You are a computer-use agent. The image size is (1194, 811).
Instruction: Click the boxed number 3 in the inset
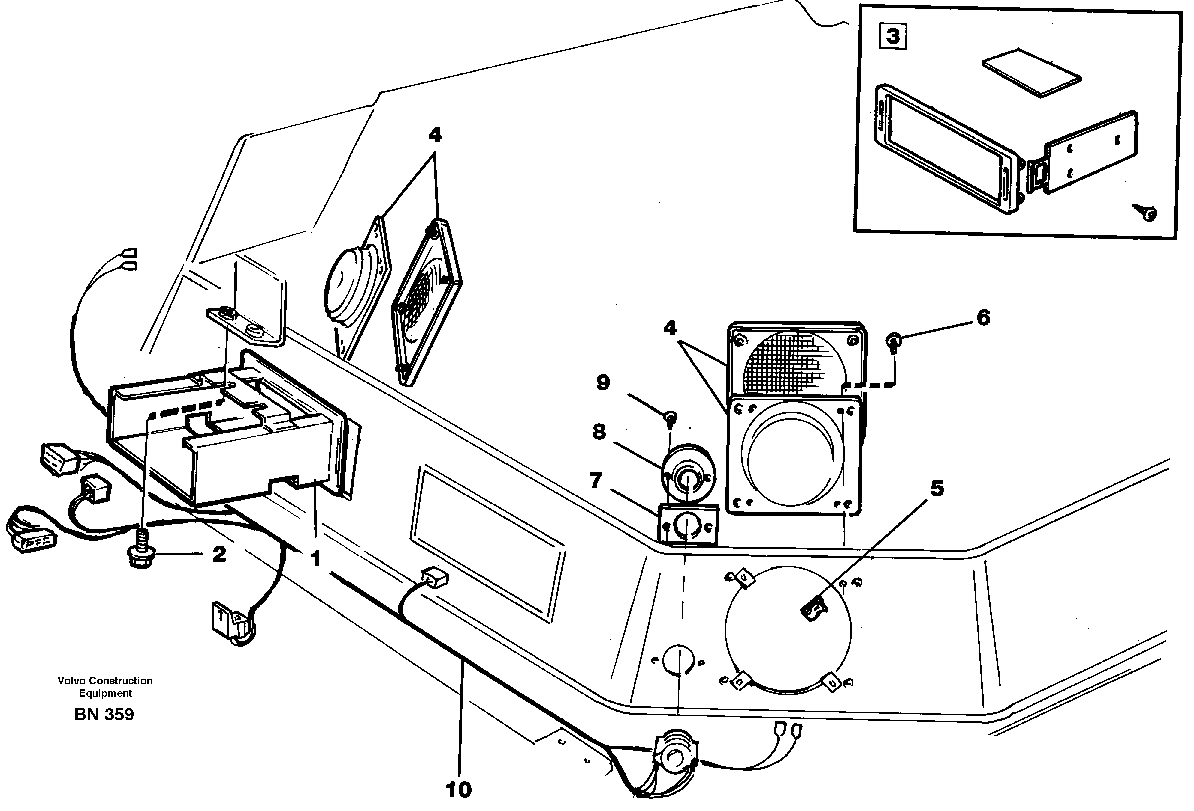coord(893,37)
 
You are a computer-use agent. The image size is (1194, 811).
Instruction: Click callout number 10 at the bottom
coord(459,789)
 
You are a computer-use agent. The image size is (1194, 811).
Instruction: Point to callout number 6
coord(983,318)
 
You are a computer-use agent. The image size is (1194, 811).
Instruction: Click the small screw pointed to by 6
coord(893,340)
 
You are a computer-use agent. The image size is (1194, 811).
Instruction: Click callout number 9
coord(603,382)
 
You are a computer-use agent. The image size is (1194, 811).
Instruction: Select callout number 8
coord(599,432)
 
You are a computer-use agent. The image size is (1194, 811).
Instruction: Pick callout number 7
coord(596,481)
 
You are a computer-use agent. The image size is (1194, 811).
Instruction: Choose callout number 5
coord(938,488)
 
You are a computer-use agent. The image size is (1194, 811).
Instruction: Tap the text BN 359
coord(104,715)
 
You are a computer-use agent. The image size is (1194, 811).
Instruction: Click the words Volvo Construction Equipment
coord(105,687)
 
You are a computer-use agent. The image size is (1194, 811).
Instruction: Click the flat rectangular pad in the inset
coord(1032,72)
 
